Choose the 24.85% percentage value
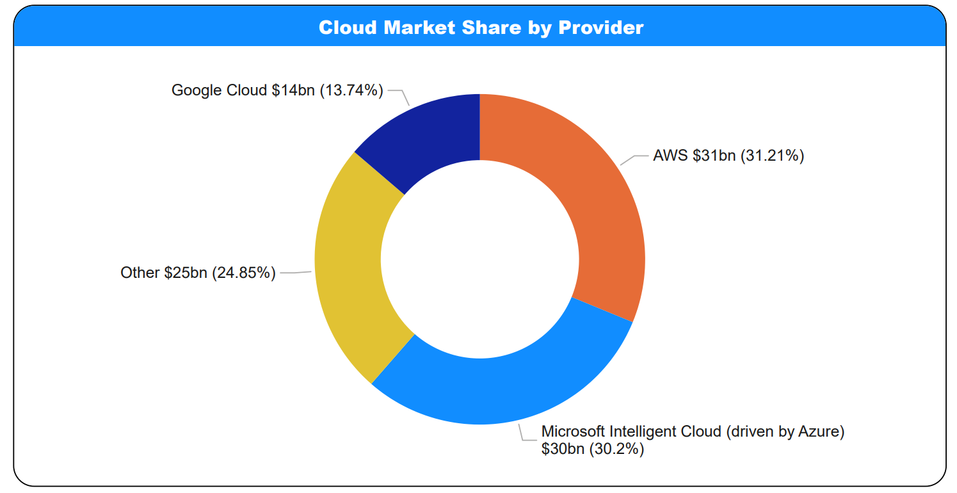[x=244, y=273]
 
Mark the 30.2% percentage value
[x=616, y=449]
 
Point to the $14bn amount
[x=293, y=90]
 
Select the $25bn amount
[x=186, y=273]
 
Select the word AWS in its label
[x=670, y=156]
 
